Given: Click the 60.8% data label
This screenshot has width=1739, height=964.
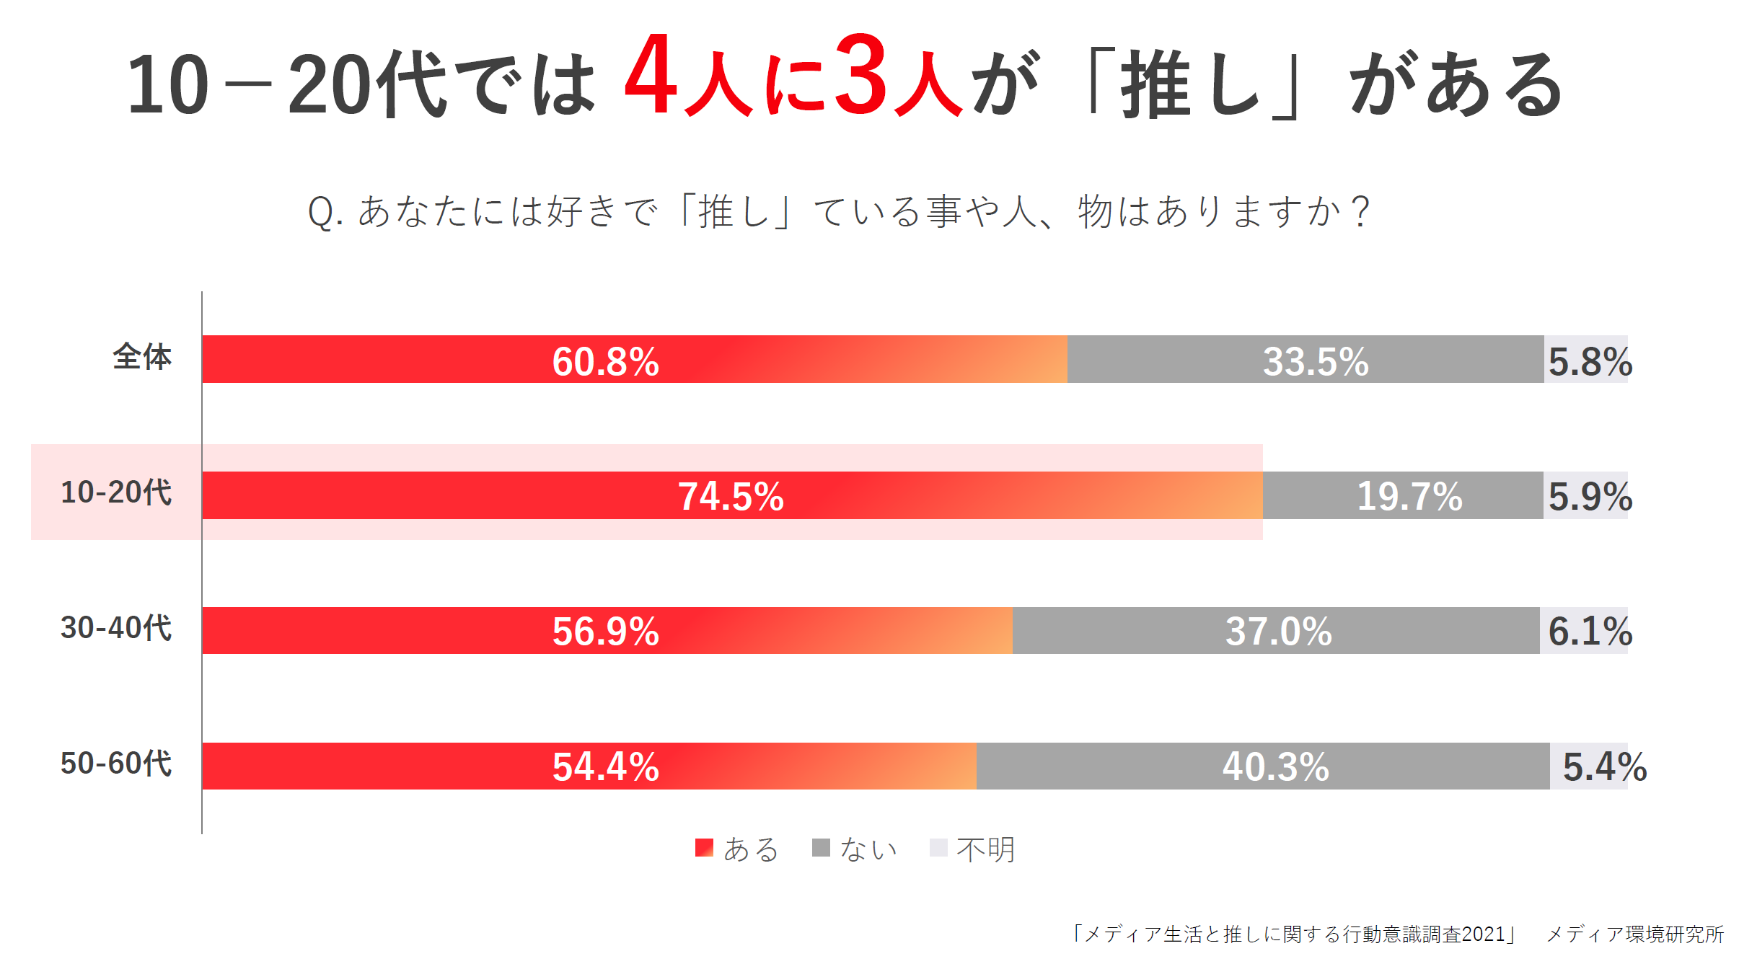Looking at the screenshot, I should [605, 361].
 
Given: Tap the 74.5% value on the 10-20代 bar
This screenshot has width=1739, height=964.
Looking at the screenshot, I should [731, 497].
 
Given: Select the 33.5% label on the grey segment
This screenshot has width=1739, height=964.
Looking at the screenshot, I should [1316, 361].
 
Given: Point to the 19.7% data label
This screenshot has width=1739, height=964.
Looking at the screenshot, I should [1409, 497].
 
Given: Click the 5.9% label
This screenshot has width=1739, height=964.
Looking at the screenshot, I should [1590, 497].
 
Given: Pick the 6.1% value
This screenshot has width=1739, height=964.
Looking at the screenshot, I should [1590, 632].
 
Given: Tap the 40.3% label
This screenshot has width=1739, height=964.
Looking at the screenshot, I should [1275, 766].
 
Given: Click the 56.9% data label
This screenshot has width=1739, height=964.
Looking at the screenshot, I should [605, 632].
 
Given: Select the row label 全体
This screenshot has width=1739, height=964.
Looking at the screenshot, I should [142, 357].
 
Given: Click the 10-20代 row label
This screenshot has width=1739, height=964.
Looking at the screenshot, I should [116, 492].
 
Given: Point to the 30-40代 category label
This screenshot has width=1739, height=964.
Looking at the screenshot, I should [116, 628].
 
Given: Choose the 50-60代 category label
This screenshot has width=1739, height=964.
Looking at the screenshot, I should [116, 763].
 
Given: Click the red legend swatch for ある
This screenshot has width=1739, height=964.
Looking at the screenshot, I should [704, 847].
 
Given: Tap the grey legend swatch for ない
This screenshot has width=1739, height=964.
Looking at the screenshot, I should [821, 847].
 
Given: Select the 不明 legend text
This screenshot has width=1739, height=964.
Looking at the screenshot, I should [985, 849].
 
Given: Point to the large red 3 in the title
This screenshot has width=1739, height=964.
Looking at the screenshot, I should [860, 76].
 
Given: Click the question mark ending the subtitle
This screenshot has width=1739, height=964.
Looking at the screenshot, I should [1361, 212].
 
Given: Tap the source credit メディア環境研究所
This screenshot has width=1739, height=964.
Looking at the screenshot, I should [1634, 934].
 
